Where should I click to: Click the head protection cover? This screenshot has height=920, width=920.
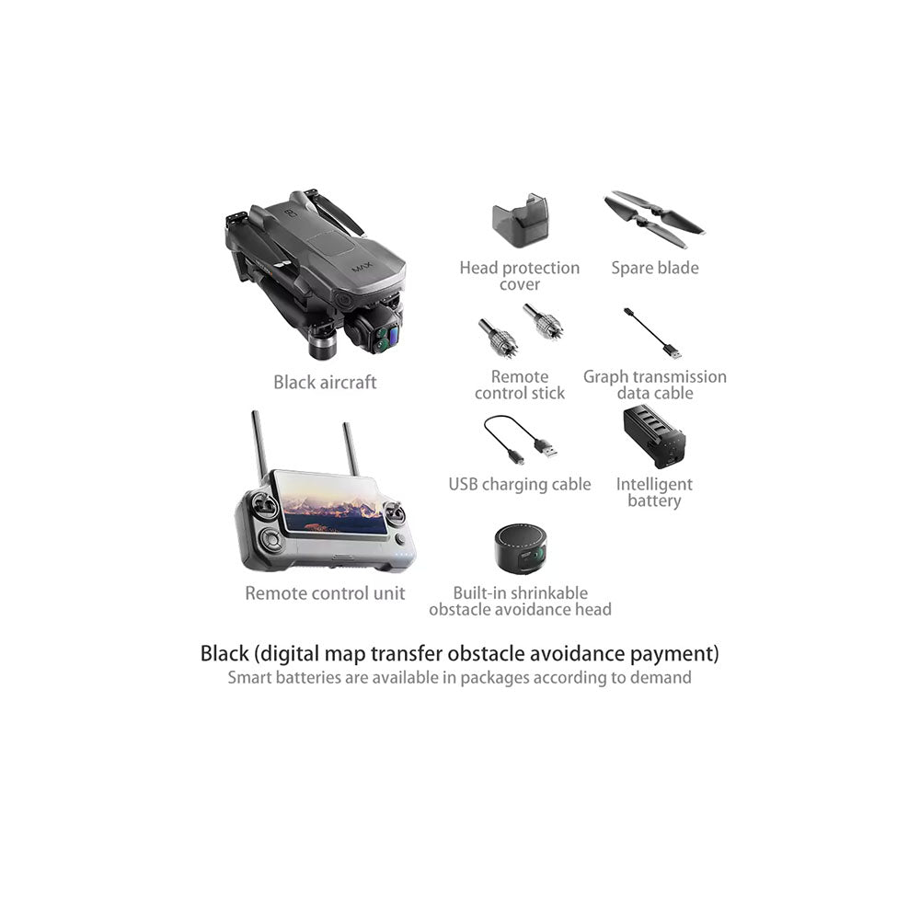pyautogui.click(x=520, y=220)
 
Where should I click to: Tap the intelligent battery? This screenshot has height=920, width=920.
pyautogui.click(x=653, y=437)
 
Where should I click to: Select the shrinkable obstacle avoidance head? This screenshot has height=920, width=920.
pyautogui.click(x=521, y=549)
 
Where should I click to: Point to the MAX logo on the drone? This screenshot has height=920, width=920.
pyautogui.click(x=362, y=268)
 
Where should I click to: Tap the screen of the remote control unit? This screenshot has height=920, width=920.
pyautogui.click(x=329, y=502)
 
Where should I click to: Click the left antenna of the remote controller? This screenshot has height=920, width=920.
pyautogui.click(x=259, y=447)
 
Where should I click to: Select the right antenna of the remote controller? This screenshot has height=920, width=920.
pyautogui.click(x=351, y=450)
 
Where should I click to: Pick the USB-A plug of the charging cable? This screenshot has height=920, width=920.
pyautogui.click(x=546, y=449)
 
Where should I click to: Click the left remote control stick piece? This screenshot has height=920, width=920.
pyautogui.click(x=498, y=338)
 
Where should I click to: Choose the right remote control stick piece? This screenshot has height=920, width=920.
pyautogui.click(x=543, y=321)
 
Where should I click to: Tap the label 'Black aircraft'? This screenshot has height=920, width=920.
pyautogui.click(x=325, y=383)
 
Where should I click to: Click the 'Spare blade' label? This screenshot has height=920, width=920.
pyautogui.click(x=655, y=268)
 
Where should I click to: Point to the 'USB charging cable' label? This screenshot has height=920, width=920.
pyautogui.click(x=520, y=485)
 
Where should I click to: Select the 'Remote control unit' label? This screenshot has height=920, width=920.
pyautogui.click(x=325, y=593)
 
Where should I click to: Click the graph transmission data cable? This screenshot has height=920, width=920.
pyautogui.click(x=652, y=333)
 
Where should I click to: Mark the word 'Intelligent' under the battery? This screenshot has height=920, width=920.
pyautogui.click(x=654, y=485)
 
